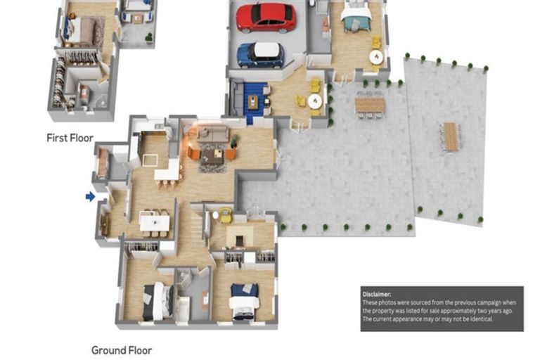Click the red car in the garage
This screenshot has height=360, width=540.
265,18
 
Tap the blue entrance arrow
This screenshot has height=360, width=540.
90,197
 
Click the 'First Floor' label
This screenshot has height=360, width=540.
70,138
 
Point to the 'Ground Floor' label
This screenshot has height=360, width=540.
121,349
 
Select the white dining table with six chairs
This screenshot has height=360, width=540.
155,223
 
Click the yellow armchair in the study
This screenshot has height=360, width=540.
225,216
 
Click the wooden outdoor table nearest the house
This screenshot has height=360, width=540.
370,104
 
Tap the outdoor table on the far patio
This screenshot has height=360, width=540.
450,136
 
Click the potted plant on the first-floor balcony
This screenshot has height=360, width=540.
148,36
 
